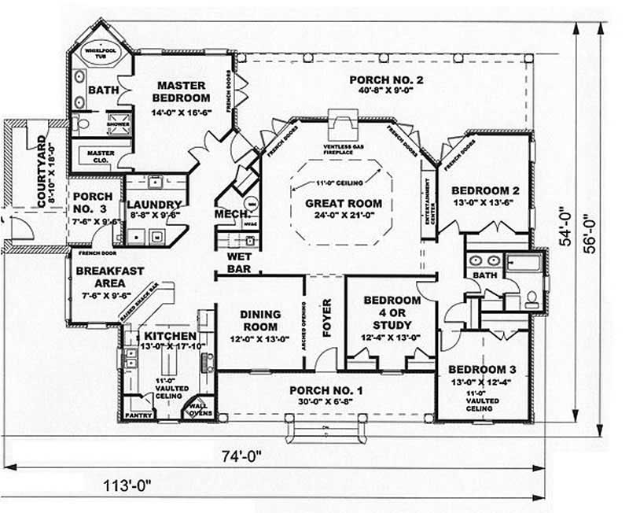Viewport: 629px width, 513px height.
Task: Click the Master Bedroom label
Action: click(x=182, y=91)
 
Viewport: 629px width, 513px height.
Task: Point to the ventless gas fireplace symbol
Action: click(x=342, y=126)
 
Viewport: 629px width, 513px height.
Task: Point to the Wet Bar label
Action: click(x=238, y=263)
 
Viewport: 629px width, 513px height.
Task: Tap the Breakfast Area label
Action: click(x=109, y=276)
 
